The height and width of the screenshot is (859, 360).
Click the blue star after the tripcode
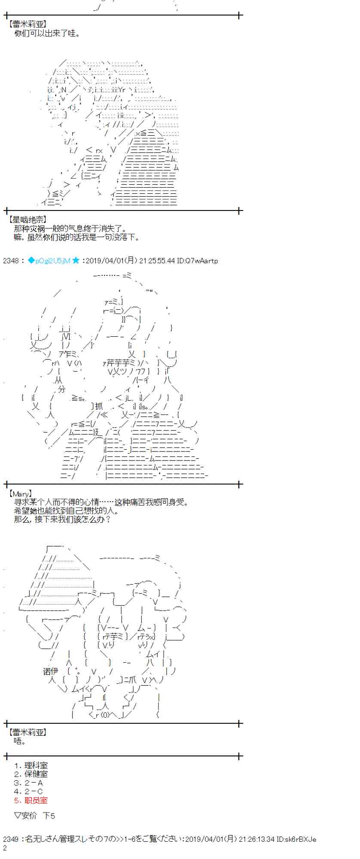[76, 260]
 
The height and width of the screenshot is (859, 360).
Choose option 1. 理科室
[31, 765]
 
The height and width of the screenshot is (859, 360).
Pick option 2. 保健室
[31, 774]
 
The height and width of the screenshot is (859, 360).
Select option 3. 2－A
[28, 783]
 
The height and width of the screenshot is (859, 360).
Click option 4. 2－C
[28, 792]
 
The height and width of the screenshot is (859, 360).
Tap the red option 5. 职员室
[31, 801]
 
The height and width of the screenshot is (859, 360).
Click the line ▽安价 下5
[34, 816]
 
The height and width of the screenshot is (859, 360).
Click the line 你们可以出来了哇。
[47, 33]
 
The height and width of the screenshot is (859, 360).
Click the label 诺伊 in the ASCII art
[50, 671]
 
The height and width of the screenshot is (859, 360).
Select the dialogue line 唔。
[20, 741]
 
